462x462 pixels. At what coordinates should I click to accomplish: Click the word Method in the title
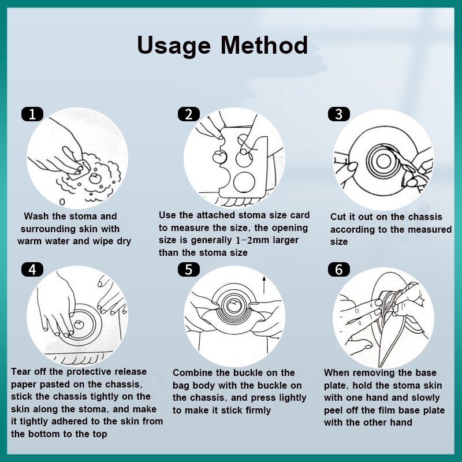264,45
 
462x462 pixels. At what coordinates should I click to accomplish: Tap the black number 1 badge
32,114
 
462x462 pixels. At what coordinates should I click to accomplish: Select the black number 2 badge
189,114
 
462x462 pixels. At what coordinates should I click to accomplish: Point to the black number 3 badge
339,114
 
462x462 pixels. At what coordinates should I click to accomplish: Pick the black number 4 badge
32,270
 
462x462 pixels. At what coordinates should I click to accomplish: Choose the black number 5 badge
189,270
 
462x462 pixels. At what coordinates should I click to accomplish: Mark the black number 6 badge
339,270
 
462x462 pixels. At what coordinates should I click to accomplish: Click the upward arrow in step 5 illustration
264,285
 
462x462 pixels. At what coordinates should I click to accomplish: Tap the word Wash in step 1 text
36,216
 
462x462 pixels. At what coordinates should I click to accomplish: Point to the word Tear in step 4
21,371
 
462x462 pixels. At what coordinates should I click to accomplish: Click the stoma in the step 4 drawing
79,325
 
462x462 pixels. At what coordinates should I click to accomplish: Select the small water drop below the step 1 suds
62,202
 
